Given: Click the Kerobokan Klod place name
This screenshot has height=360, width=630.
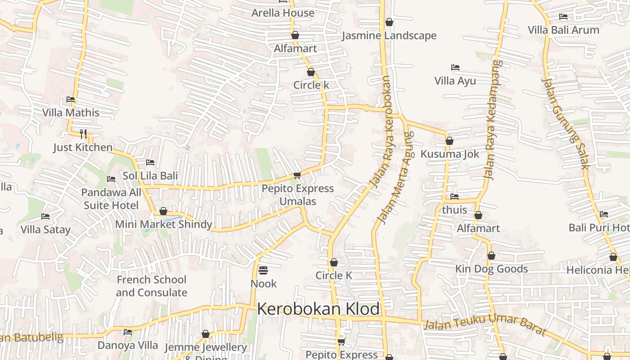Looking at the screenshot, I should pyautogui.click(x=318, y=309).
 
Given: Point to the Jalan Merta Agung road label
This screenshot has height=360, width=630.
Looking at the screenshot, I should pyautogui.click(x=395, y=178).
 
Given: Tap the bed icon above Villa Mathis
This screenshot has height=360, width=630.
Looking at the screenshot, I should pyautogui.click(x=71, y=99).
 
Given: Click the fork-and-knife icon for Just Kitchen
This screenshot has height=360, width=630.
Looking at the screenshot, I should pyautogui.click(x=83, y=134).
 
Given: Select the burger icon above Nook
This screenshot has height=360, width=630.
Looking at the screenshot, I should pyautogui.click(x=264, y=270).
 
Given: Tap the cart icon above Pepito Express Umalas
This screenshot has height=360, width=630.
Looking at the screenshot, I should pyautogui.click(x=297, y=175).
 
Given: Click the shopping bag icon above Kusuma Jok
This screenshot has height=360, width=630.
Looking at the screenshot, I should pyautogui.click(x=449, y=141).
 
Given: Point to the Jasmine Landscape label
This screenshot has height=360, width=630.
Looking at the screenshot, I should pyautogui.click(x=389, y=36).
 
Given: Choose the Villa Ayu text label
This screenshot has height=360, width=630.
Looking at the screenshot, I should pyautogui.click(x=455, y=81).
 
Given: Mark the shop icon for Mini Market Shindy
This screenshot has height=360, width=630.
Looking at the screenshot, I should pyautogui.click(x=163, y=211).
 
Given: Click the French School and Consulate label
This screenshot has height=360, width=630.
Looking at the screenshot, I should pyautogui.click(x=151, y=286).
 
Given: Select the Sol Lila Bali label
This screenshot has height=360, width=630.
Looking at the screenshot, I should pyautogui.click(x=150, y=175).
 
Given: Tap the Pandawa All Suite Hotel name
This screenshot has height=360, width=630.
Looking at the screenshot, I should pyautogui.click(x=111, y=199).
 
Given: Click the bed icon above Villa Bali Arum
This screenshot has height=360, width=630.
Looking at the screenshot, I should pyautogui.click(x=563, y=17).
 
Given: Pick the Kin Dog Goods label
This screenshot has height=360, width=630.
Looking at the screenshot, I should pyautogui.click(x=491, y=269).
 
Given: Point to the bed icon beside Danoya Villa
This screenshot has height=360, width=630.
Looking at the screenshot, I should pyautogui.click(x=128, y=332).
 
